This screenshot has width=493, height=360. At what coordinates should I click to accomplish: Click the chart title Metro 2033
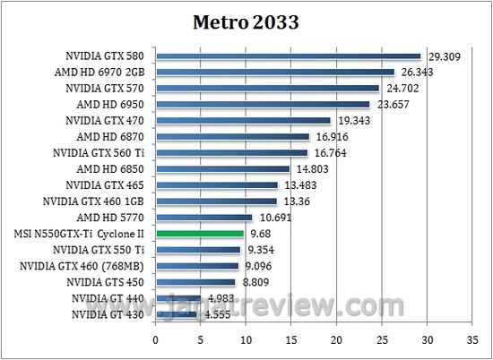pyautogui.click(x=246, y=21)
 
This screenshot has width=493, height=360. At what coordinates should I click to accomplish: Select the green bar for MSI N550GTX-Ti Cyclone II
pyautogui.click(x=199, y=233)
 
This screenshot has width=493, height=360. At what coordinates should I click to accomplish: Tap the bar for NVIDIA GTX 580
pyautogui.click(x=288, y=56)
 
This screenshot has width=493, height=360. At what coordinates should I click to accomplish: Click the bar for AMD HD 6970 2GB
pyautogui.click(x=274, y=73)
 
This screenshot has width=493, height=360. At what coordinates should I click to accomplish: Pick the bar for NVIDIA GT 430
pyautogui.click(x=177, y=314)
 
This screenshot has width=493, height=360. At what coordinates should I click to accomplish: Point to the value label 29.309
pyautogui.click(x=443, y=56)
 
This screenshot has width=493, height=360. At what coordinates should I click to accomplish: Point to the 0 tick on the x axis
pyautogui.click(x=156, y=339)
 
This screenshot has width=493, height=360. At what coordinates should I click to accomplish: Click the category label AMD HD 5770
pyautogui.click(x=110, y=218)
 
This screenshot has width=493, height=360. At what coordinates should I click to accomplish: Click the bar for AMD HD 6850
pyautogui.click(x=222, y=169)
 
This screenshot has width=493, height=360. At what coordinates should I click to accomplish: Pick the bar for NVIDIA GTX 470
pyautogui.click(x=243, y=121)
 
